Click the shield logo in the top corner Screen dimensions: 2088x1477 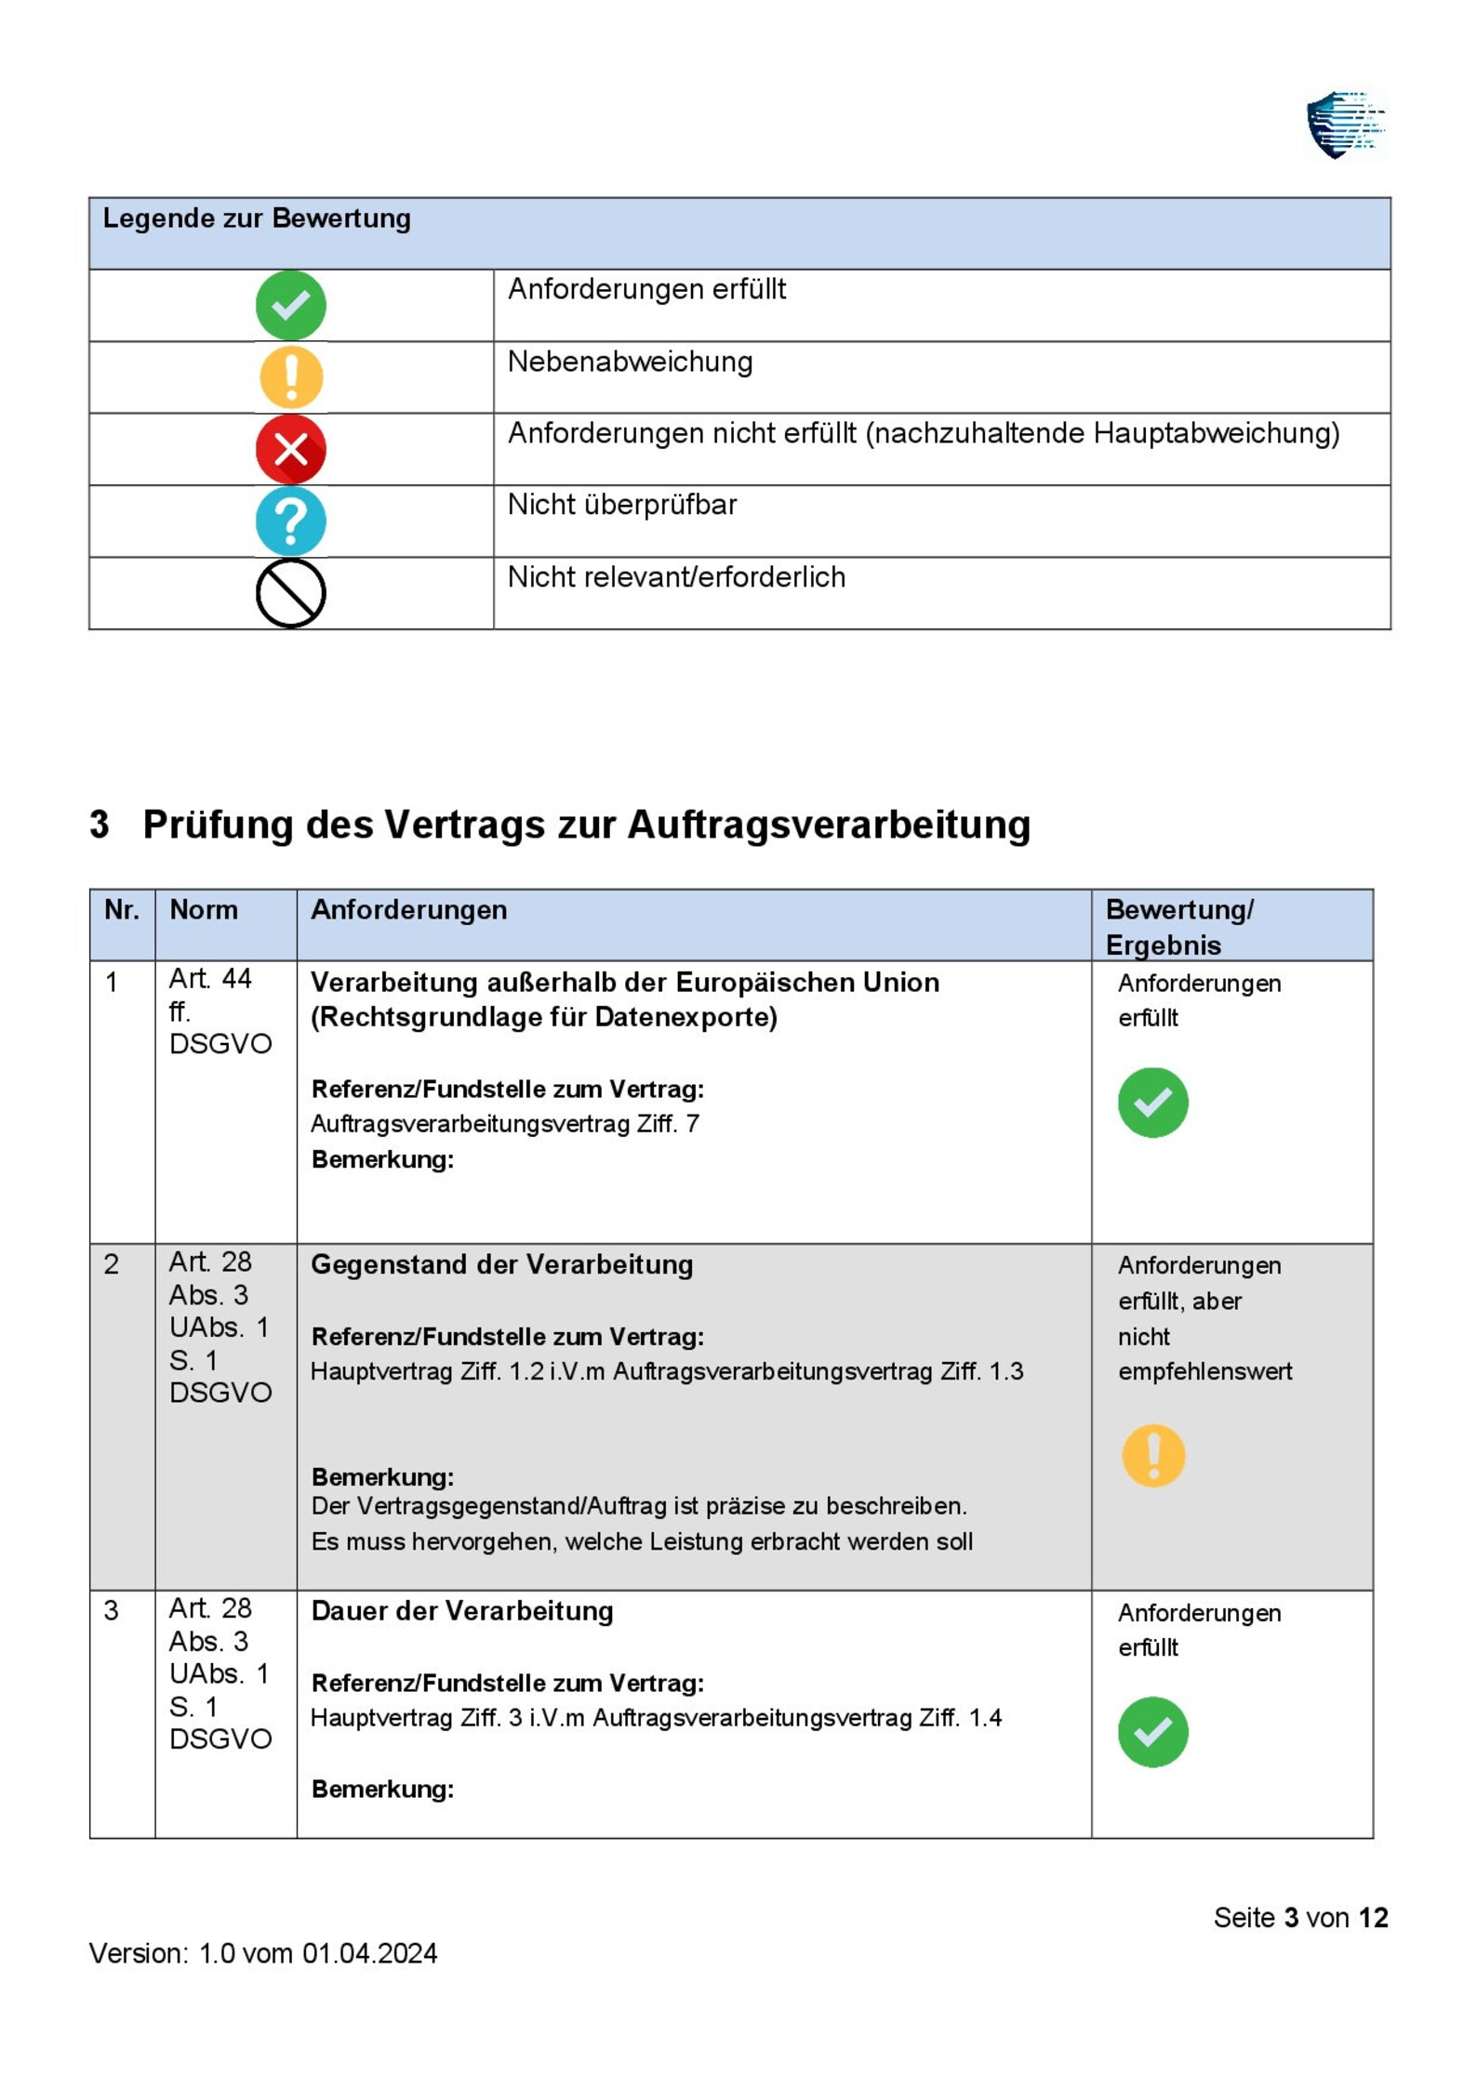[x=1343, y=126]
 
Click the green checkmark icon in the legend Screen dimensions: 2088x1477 [x=290, y=305]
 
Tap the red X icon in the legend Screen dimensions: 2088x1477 [x=290, y=449]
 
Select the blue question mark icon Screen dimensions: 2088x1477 [x=290, y=521]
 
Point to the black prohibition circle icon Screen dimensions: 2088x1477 [x=290, y=593]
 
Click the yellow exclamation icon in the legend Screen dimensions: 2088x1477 [x=290, y=377]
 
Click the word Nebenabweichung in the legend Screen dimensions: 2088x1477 [x=629, y=362]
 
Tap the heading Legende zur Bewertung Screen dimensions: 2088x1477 [x=256, y=218]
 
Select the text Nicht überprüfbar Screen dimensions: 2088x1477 [x=621, y=505]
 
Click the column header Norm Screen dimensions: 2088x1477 [x=203, y=909]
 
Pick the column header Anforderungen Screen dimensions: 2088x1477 [x=408, y=909]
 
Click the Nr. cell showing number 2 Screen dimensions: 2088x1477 [x=112, y=1264]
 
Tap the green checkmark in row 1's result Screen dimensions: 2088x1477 [x=1151, y=1103]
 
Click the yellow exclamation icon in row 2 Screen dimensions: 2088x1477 [x=1152, y=1455]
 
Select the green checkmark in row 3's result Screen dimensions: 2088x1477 [x=1151, y=1732]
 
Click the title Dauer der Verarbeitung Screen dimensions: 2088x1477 [x=461, y=1611]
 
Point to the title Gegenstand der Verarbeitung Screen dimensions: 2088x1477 [x=501, y=1264]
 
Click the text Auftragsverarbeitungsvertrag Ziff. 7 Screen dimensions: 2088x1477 [x=504, y=1124]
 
